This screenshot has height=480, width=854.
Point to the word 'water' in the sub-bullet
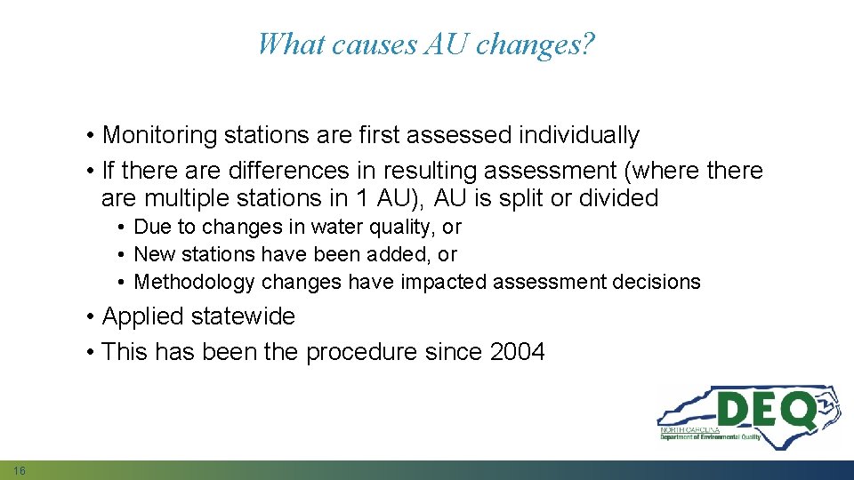tap(302, 228)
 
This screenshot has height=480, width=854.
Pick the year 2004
tap(517, 352)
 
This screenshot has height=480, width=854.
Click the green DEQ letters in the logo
tap(764, 411)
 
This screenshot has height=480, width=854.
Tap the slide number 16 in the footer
tap(20, 469)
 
